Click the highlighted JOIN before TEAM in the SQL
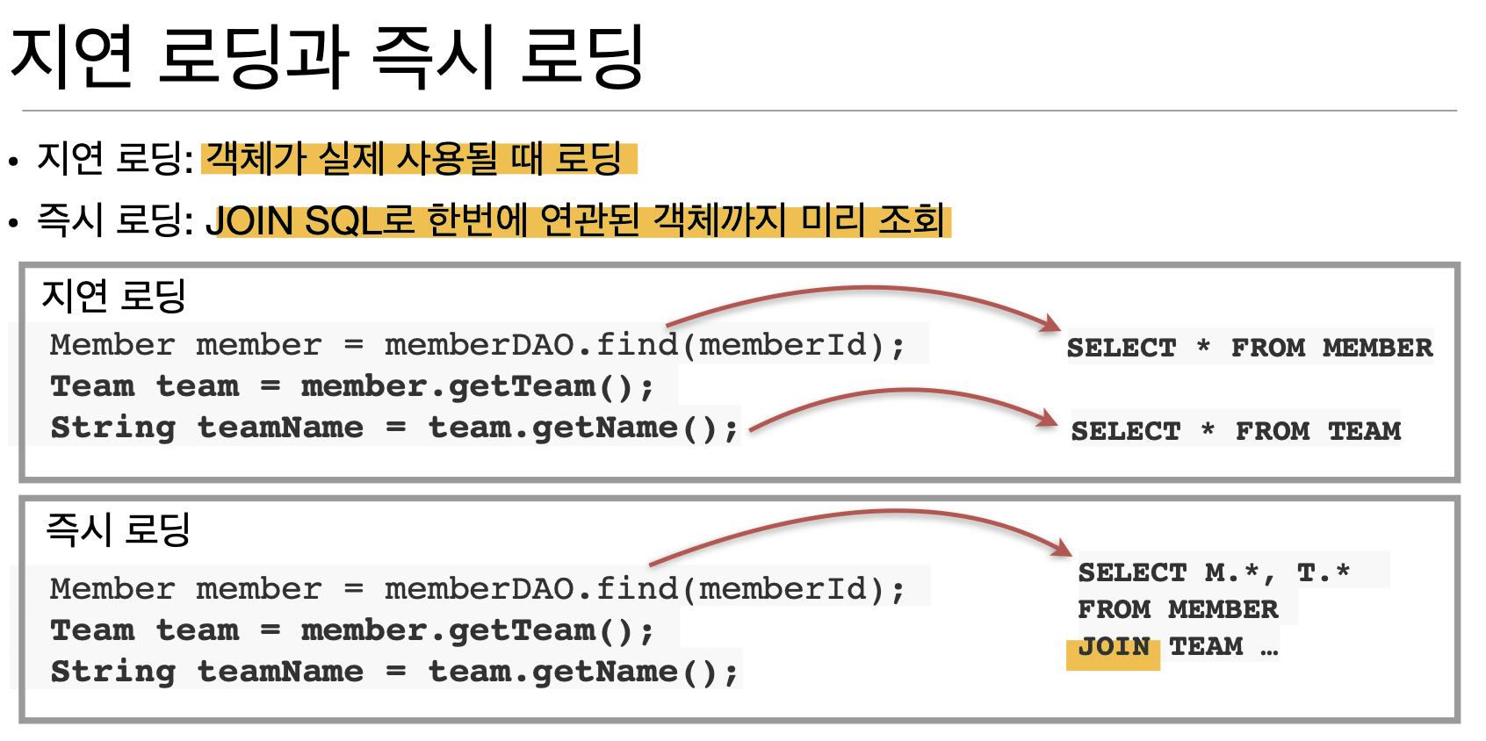click(1113, 648)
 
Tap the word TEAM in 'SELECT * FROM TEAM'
click(1364, 431)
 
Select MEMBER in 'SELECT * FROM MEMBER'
click(1377, 348)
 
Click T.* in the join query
click(1323, 573)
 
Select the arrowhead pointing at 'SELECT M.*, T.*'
click(1063, 549)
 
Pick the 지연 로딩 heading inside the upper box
click(113, 296)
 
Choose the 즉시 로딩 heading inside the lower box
click(118, 529)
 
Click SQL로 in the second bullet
click(359, 219)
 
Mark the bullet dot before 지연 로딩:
click(13, 162)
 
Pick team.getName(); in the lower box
click(583, 672)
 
